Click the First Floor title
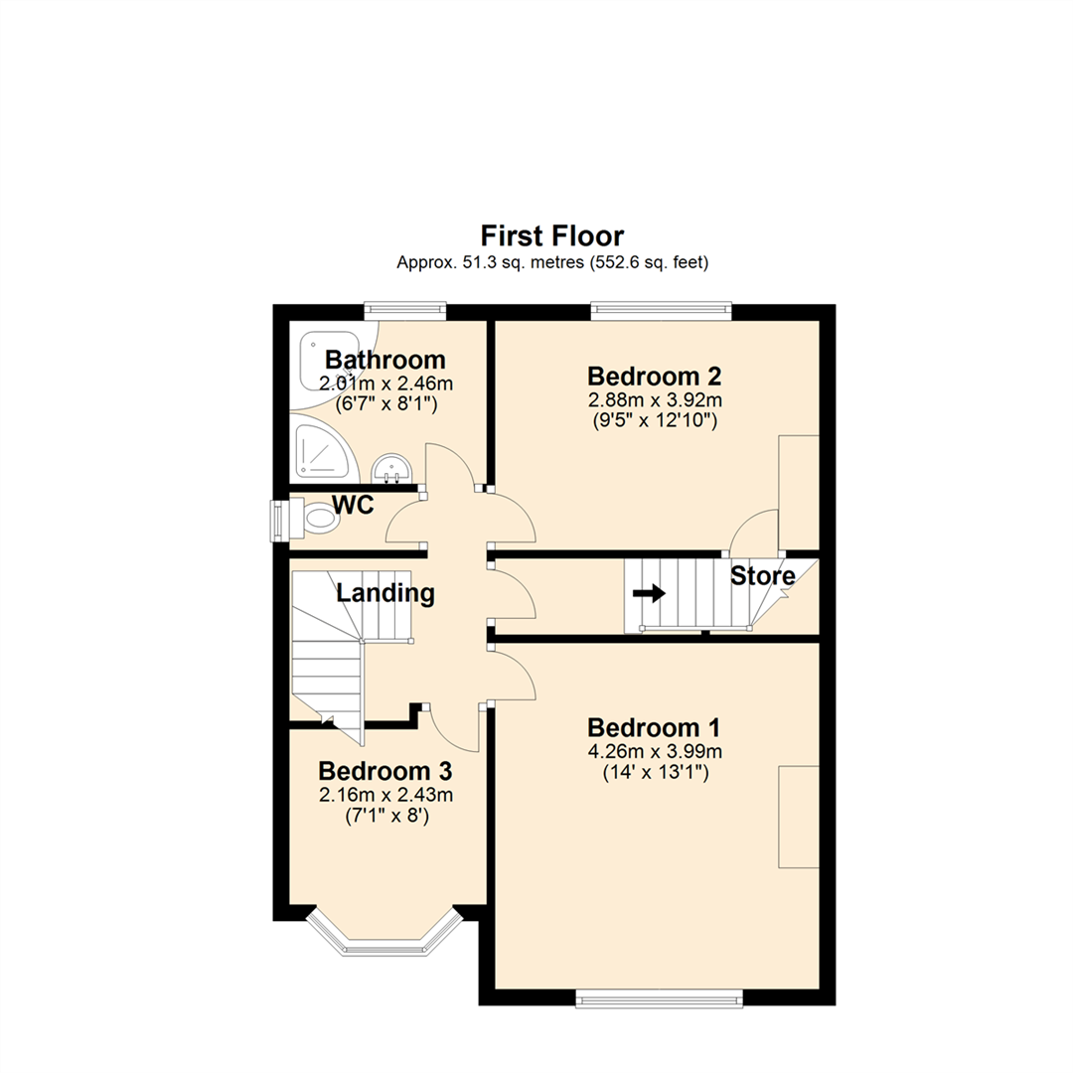point(552,235)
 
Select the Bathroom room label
point(385,360)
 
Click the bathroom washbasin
point(389,467)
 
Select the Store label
point(763,576)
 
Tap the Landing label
point(385,594)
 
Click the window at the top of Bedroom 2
point(661,311)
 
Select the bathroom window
point(404,311)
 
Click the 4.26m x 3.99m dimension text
point(654,750)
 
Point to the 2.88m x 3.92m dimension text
point(654,400)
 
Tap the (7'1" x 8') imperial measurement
point(385,816)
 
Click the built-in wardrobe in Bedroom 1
point(799,818)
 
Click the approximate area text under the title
point(552,263)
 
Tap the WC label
point(353,506)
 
